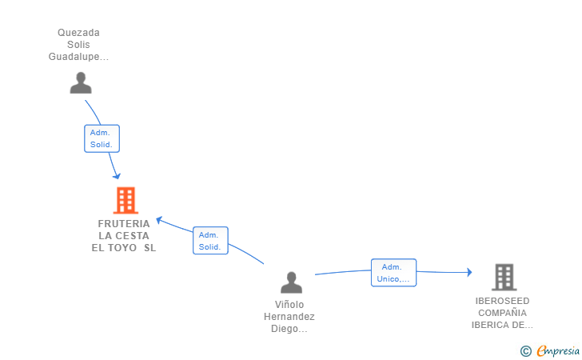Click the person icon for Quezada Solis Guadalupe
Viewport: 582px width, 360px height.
pyautogui.click(x=81, y=83)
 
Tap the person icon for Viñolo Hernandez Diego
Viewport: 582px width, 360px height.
pyautogui.click(x=292, y=282)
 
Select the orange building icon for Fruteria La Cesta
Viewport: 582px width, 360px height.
pyautogui.click(x=126, y=200)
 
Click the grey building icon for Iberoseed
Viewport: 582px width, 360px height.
pyautogui.click(x=504, y=277)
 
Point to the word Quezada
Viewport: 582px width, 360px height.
pyautogui.click(x=78, y=33)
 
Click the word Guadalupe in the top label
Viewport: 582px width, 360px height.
pyautogui.click(x=78, y=57)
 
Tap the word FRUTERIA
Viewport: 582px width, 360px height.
pyautogui.click(x=124, y=224)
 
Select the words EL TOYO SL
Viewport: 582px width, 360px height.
pyautogui.click(x=124, y=248)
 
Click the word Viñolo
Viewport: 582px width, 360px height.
pyautogui.click(x=289, y=305)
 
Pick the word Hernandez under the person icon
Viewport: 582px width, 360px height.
pyautogui.click(x=289, y=317)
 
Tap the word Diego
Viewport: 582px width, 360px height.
pyautogui.click(x=289, y=329)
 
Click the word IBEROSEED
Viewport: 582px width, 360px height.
pyautogui.click(x=502, y=301)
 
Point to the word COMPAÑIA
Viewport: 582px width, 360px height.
pyautogui.click(x=502, y=313)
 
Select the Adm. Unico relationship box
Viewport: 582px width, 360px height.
pyautogui.click(x=393, y=273)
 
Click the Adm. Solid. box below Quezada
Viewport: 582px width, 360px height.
pyautogui.click(x=102, y=138)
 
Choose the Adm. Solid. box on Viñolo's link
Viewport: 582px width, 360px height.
pyautogui.click(x=210, y=241)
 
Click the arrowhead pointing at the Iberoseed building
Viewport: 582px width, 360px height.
pyautogui.click(x=469, y=273)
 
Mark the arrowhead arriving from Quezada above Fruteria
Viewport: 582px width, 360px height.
pyautogui.click(x=118, y=176)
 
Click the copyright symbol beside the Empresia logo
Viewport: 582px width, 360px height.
pyautogui.click(x=525, y=350)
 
